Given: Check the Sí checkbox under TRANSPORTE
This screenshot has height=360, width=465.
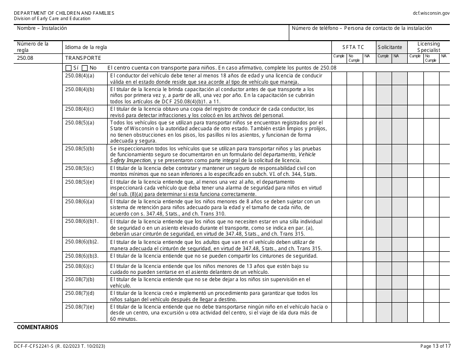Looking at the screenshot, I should pos(68,68).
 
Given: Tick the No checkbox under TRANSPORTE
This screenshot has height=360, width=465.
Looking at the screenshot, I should pos(85,68).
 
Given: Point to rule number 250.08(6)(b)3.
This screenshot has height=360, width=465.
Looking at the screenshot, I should pos(82,256).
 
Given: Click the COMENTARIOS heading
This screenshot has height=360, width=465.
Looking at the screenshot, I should pos(38,327).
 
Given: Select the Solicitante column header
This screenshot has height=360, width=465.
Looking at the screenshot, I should pos(390,47).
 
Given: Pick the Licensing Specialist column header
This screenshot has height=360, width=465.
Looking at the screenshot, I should pos(428,47).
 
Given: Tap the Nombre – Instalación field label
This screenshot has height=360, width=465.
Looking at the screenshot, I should pos(42,28).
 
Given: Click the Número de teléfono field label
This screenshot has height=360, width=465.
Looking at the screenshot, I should pos(362,28).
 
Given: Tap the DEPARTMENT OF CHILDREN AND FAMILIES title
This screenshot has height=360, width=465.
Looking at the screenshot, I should pos(64,13).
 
